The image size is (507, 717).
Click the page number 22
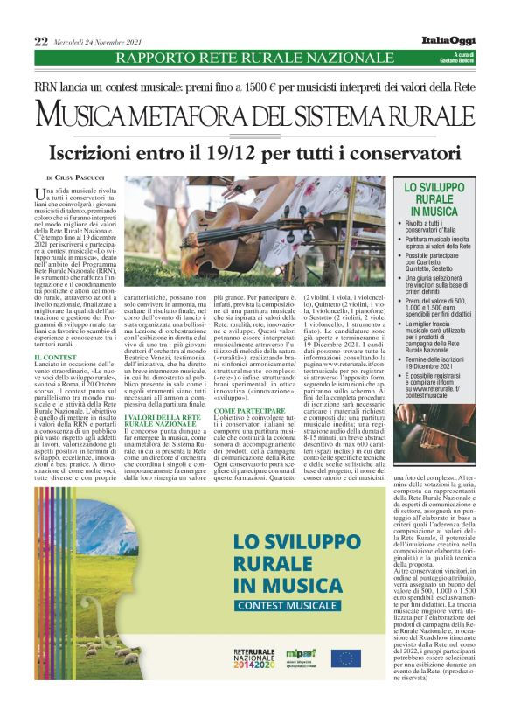[x=41, y=41]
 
